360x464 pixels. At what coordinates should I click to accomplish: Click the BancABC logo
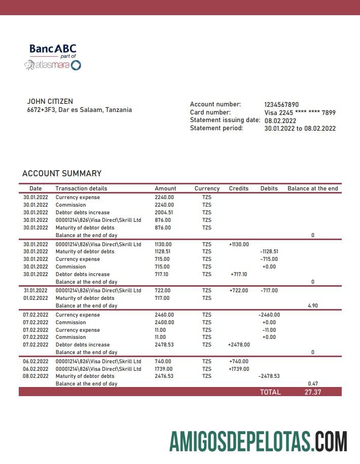[x=53, y=49]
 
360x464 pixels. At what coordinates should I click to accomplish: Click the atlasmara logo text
[x=52, y=65]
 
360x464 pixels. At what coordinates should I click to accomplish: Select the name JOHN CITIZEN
[x=50, y=101]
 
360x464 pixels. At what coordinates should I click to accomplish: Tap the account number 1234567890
[x=281, y=104]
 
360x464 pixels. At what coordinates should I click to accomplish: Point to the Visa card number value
[x=300, y=112]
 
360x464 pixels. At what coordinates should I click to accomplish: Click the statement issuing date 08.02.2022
[x=280, y=121]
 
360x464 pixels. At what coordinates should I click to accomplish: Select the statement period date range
[x=300, y=129]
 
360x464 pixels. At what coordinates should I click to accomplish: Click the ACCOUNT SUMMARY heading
[x=62, y=173]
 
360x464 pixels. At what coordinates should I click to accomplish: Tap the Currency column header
[x=207, y=188]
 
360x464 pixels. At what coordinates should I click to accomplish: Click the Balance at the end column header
[x=312, y=188]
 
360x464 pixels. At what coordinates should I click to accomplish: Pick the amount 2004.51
[x=164, y=213]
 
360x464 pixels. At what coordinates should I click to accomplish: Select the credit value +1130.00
[x=239, y=244]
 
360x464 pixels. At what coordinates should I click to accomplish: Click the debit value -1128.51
[x=269, y=252]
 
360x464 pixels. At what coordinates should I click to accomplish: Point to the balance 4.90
[x=312, y=306]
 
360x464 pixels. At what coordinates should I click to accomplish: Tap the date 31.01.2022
[x=35, y=291]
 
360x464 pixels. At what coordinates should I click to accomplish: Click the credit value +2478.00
[x=239, y=345]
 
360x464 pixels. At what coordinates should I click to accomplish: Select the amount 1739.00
[x=163, y=369]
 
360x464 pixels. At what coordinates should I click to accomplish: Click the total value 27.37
[x=312, y=392]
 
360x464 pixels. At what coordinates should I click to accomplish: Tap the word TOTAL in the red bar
[x=270, y=392]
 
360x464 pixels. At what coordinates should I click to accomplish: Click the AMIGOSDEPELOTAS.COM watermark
[x=258, y=441]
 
